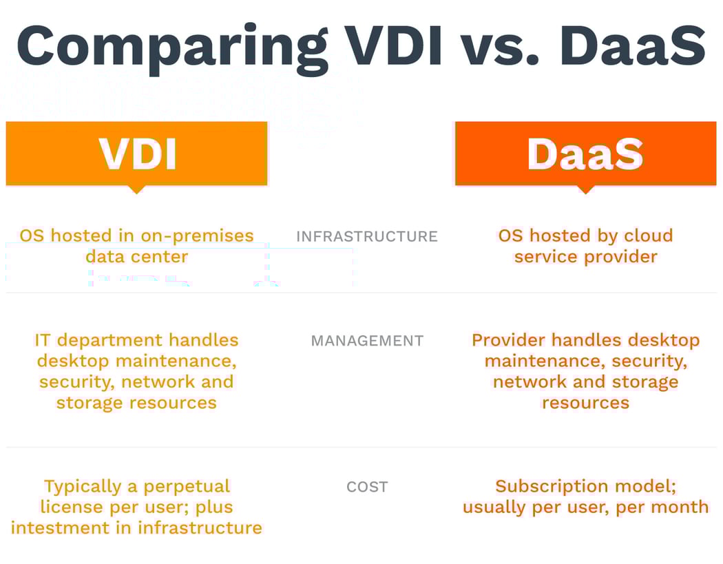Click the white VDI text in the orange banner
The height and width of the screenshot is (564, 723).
[x=137, y=154]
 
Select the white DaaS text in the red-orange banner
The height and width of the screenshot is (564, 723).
[x=585, y=154]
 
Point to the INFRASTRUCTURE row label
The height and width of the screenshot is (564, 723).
[x=367, y=236]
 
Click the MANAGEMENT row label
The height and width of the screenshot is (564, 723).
[x=367, y=341]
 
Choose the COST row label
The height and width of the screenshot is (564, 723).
[x=367, y=487]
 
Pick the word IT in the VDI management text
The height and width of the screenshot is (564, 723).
[x=43, y=340]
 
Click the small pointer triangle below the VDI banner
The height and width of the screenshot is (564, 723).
[x=137, y=189]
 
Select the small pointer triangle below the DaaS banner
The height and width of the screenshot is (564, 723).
[x=585, y=189]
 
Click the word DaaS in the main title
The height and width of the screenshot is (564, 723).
[x=632, y=45]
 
